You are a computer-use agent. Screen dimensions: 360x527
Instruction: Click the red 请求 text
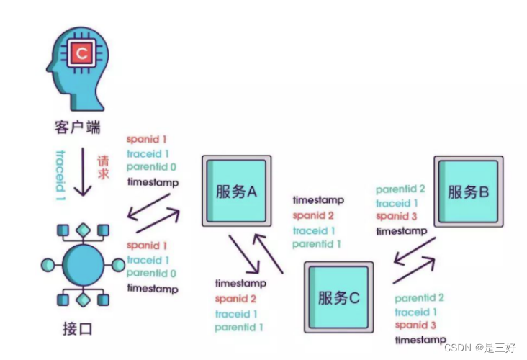tap(103, 167)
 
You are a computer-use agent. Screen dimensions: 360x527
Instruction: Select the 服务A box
tap(236, 192)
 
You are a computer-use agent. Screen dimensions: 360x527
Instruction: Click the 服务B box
tap(469, 192)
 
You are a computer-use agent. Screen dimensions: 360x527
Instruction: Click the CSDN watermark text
tap(479, 348)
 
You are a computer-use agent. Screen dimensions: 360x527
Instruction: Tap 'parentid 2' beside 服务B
tap(400, 189)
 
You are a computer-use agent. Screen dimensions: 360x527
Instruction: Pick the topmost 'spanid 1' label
tap(147, 139)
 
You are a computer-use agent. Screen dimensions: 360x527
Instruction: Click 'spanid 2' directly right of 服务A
tap(313, 215)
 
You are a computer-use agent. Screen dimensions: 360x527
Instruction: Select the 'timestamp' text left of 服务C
tap(240, 284)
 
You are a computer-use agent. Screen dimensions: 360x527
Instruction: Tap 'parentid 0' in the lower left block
tap(151, 274)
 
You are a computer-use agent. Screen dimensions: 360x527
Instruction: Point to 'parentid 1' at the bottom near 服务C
tap(239, 328)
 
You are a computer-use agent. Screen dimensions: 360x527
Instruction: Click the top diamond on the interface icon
tap(84, 230)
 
